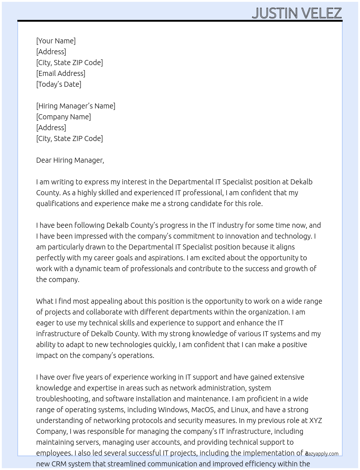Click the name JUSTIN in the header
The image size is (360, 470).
(x=275, y=13)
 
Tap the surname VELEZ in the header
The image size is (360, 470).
(x=321, y=13)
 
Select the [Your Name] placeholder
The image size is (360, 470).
(x=56, y=41)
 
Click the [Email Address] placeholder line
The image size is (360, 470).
(x=61, y=73)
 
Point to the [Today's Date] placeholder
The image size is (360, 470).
(x=59, y=84)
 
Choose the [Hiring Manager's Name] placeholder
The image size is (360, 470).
(x=76, y=106)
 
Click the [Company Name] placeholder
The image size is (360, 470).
(x=64, y=117)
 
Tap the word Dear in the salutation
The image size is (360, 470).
(x=43, y=160)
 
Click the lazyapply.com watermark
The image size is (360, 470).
(x=322, y=454)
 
